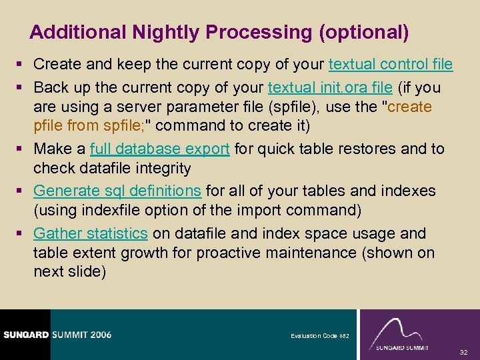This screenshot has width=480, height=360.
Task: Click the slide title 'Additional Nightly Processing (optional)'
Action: [219, 32]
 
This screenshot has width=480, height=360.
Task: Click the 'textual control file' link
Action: [391, 65]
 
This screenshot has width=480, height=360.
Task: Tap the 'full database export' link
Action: [160, 149]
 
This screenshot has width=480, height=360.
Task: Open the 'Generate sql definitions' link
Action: [117, 191]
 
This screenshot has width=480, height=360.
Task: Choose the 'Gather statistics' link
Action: [91, 233]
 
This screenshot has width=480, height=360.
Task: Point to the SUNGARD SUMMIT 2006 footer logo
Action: [56, 334]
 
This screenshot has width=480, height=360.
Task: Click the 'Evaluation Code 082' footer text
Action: [319, 336]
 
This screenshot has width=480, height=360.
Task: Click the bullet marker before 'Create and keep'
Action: [22, 65]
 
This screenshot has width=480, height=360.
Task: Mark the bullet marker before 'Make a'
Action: [22, 149]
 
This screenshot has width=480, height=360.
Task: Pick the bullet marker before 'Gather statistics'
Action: [22, 234]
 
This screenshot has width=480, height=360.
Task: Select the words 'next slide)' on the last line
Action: [69, 272]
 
